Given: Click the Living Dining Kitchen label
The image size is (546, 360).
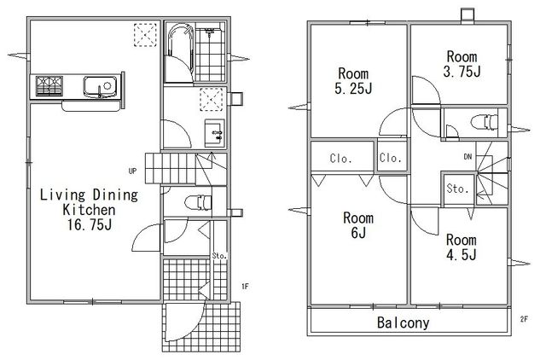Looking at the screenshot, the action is click(x=89, y=202).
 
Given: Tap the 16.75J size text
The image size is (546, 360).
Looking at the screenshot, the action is click(x=90, y=225).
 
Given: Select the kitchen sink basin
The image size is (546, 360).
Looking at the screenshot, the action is click(x=101, y=85).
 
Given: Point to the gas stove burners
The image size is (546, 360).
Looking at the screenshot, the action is click(x=49, y=85).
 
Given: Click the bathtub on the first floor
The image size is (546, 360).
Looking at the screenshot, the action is click(x=180, y=52).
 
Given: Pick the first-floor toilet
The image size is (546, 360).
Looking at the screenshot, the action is click(x=198, y=203).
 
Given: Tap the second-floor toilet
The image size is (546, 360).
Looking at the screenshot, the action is click(x=485, y=122).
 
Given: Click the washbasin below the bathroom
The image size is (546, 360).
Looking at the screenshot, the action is click(x=214, y=132).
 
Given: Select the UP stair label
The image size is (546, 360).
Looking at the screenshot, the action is click(x=132, y=171).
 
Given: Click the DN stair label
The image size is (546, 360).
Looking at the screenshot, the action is click(x=468, y=157).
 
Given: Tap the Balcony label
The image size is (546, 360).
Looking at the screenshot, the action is click(x=404, y=322).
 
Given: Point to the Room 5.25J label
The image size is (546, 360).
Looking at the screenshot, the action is click(x=353, y=81).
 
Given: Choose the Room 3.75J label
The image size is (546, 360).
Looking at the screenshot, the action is click(x=462, y=64).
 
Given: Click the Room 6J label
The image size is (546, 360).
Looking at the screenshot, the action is click(x=358, y=225).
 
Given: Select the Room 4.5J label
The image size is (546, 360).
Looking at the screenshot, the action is click(x=461, y=247).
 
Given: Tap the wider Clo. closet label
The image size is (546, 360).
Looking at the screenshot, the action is click(x=341, y=159).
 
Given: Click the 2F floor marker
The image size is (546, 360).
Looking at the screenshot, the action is click(x=524, y=319).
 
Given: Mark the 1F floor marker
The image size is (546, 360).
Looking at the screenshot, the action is click(x=245, y=287).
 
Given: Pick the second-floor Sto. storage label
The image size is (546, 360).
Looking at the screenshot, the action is click(x=457, y=189).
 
